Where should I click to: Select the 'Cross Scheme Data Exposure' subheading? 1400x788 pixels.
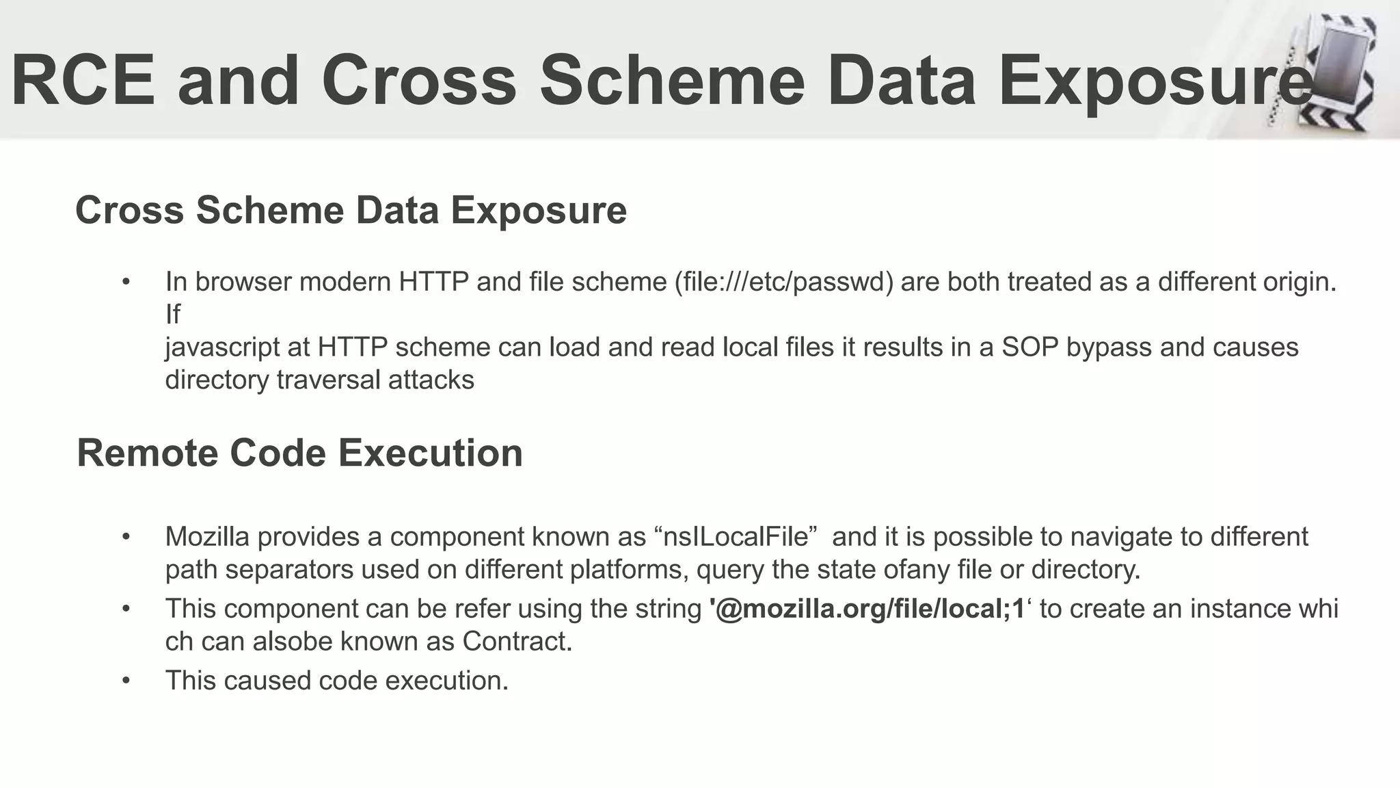tap(351, 210)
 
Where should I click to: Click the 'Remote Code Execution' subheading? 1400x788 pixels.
tap(299, 453)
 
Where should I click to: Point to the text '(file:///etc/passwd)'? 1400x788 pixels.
tap(783, 282)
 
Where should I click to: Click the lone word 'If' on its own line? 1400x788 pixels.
tap(172, 315)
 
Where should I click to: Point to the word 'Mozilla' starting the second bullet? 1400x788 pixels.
tap(207, 537)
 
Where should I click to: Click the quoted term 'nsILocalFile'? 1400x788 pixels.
tap(740, 537)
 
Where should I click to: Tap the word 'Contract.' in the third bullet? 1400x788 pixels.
tap(517, 642)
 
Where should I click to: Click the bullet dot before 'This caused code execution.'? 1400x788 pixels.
tap(126, 681)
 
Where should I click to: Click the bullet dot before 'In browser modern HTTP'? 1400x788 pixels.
tap(126, 282)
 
